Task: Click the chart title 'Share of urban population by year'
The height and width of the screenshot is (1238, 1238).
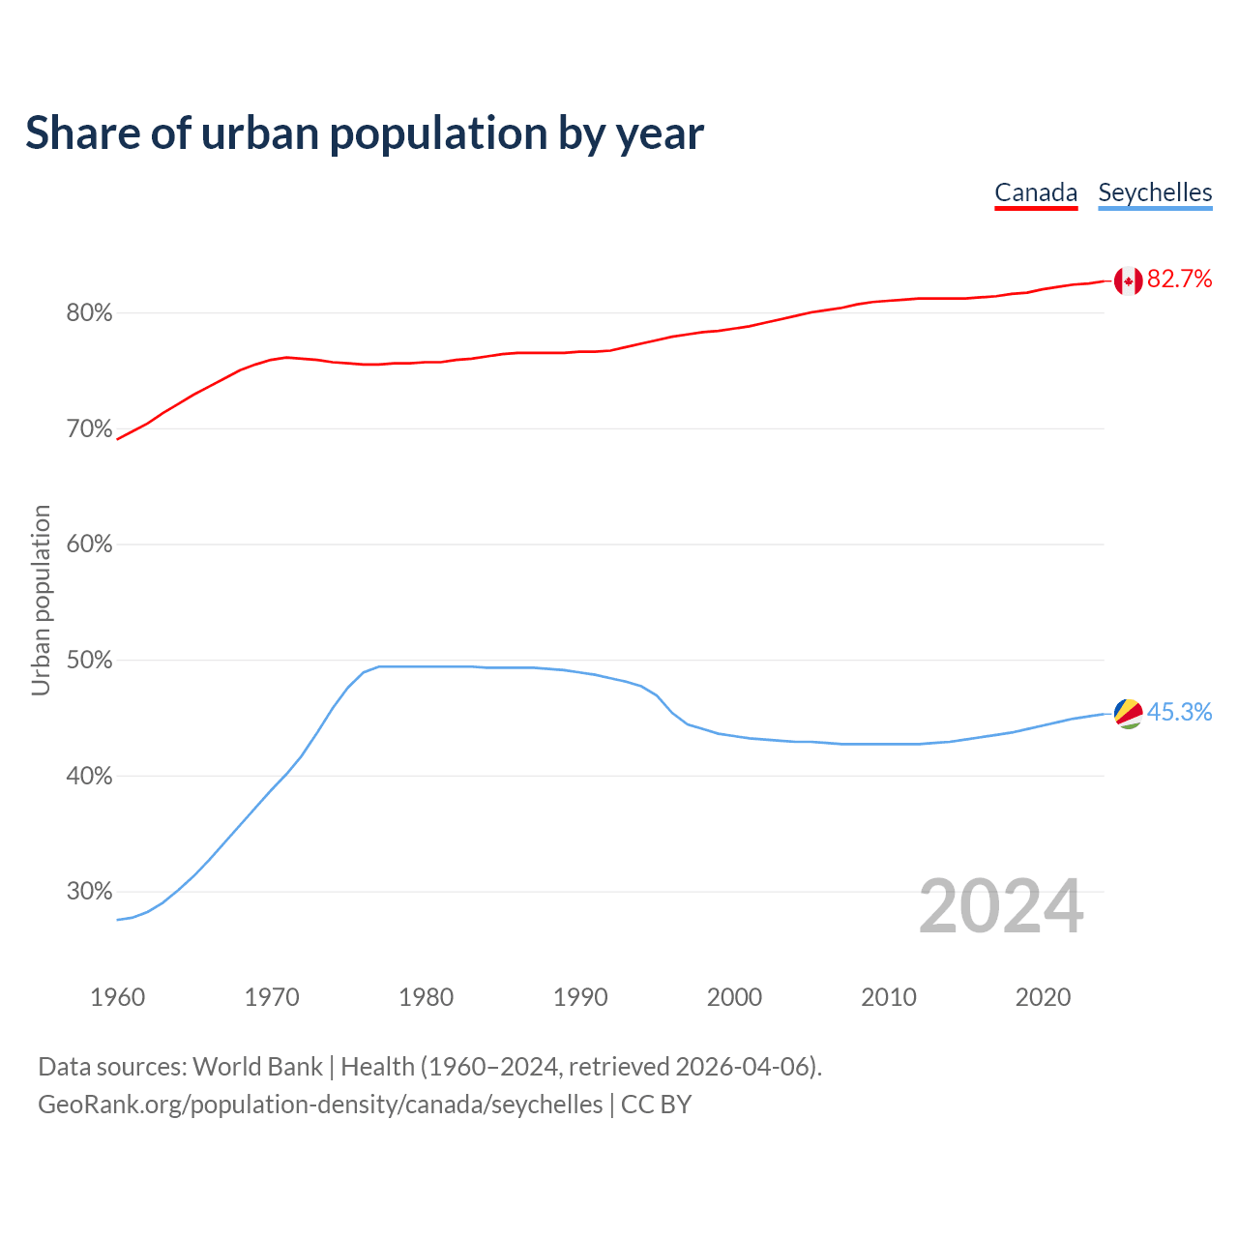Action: coord(365,133)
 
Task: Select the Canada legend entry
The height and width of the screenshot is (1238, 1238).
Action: coord(1036,192)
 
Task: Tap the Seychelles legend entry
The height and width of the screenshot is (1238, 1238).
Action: coord(1155,192)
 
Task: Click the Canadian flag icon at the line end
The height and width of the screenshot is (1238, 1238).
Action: coord(1128,280)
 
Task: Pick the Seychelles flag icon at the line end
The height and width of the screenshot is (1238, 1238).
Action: coord(1128,713)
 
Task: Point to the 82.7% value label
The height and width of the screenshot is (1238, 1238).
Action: coord(1179,280)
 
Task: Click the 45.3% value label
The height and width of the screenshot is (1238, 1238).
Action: coord(1179,713)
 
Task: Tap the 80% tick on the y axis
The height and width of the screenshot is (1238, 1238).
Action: coord(89,313)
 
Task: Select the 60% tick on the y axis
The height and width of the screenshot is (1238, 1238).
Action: coord(89,545)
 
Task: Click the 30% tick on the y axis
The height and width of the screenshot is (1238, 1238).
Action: coord(89,892)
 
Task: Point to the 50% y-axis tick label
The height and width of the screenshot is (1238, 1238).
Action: coord(89,661)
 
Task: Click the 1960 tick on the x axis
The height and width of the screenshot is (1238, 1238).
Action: coord(117,997)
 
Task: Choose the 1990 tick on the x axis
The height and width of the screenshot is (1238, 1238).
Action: coord(580,997)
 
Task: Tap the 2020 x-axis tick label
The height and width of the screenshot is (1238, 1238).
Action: coord(1043,997)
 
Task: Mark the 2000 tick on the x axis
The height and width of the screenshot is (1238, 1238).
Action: coord(734,997)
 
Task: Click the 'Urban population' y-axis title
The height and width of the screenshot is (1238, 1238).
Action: coord(41,600)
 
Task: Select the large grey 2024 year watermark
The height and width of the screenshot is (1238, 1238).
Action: coord(1001,907)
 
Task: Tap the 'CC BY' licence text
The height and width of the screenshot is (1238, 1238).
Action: coord(656,1105)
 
